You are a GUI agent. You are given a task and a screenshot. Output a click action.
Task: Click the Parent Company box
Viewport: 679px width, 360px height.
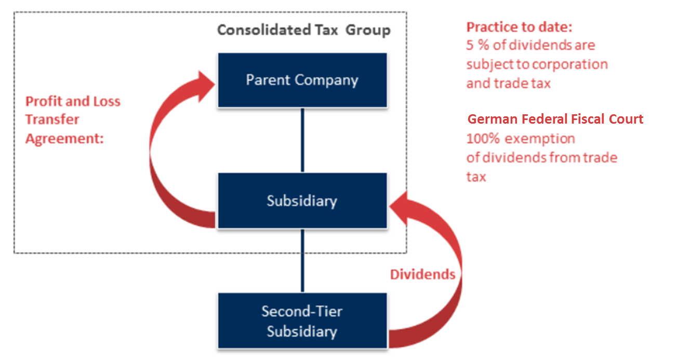click(x=302, y=80)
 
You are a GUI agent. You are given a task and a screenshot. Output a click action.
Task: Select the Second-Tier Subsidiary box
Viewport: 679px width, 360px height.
click(x=302, y=321)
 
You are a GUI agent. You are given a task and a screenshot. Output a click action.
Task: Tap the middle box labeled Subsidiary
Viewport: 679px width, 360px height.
click(x=302, y=201)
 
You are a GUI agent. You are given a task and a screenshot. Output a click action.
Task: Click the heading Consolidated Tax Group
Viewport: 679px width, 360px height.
click(x=303, y=30)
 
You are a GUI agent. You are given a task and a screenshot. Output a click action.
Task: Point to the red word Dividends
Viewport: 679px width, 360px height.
click(x=422, y=274)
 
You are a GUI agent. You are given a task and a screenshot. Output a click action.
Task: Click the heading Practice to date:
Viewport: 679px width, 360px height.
click(x=519, y=28)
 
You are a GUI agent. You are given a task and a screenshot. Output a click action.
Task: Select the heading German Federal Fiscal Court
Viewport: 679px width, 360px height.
click(x=555, y=119)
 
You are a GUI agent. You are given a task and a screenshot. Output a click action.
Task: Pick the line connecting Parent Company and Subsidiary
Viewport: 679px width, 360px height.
click(x=302, y=140)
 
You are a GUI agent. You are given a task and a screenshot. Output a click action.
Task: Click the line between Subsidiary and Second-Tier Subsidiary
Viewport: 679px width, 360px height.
click(x=302, y=260)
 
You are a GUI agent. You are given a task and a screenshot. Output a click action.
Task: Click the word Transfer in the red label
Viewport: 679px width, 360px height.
click(x=52, y=119)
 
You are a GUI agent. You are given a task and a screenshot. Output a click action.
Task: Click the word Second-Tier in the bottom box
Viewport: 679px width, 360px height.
click(x=302, y=312)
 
